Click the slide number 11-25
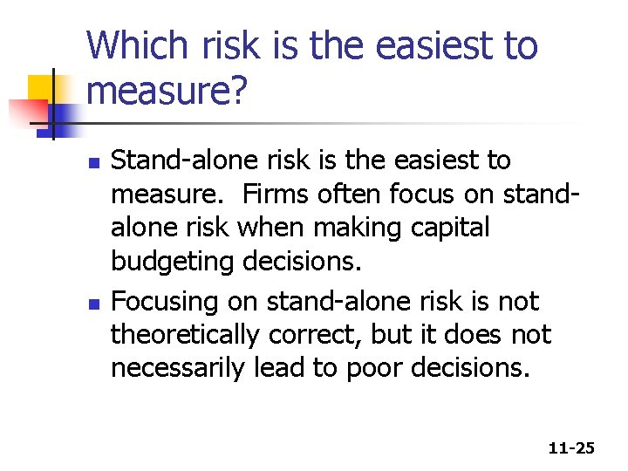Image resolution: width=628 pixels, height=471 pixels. tap(571, 448)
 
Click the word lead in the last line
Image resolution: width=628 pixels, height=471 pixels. tap(280, 369)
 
